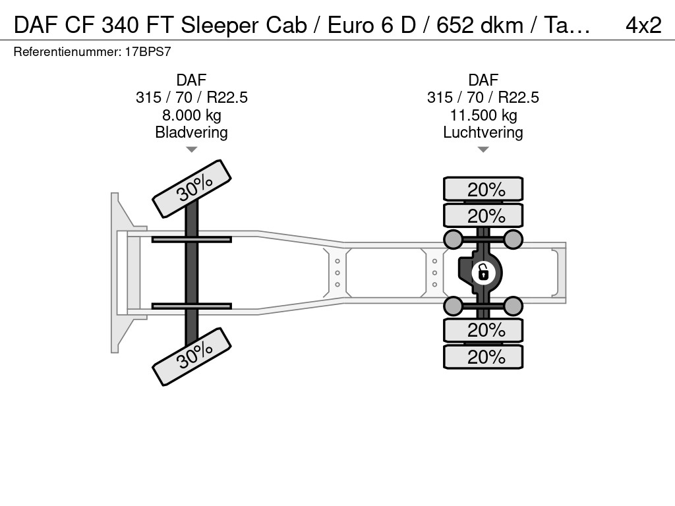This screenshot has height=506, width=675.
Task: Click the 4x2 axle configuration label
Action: click(643, 26)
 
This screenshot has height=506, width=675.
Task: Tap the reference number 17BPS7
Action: click(148, 51)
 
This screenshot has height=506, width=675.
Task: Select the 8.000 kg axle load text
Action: click(192, 115)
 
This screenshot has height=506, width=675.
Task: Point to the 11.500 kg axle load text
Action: click(483, 115)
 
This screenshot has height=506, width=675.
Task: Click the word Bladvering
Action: click(191, 132)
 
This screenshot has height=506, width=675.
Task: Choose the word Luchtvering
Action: click(483, 132)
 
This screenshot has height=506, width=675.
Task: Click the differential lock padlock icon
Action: click(483, 273)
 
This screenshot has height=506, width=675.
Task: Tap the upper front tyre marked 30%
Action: click(192, 189)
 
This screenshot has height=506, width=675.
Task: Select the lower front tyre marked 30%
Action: click(192, 356)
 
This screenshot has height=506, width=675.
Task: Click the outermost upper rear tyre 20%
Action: click(483, 189)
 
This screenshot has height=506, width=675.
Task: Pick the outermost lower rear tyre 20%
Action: click(483, 356)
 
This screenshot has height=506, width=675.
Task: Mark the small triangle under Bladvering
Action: click(192, 150)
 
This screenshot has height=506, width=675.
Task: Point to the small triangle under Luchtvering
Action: click(483, 150)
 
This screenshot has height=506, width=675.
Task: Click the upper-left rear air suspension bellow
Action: click(454, 239)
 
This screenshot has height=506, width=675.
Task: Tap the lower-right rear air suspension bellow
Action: click(513, 306)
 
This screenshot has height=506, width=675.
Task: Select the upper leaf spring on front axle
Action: click(192, 239)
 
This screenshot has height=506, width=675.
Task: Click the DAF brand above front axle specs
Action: click(192, 80)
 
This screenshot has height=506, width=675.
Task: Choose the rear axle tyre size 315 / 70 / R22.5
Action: click(483, 98)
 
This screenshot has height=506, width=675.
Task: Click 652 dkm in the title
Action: click(480, 26)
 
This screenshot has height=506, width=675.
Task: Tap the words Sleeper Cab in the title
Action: click(244, 26)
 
